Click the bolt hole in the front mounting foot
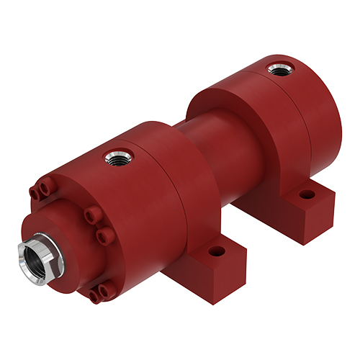[x=215, y=253]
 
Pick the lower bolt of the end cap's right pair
[x=101, y=235]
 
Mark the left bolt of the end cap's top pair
[x=35, y=192]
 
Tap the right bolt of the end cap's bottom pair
[x=104, y=290]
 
